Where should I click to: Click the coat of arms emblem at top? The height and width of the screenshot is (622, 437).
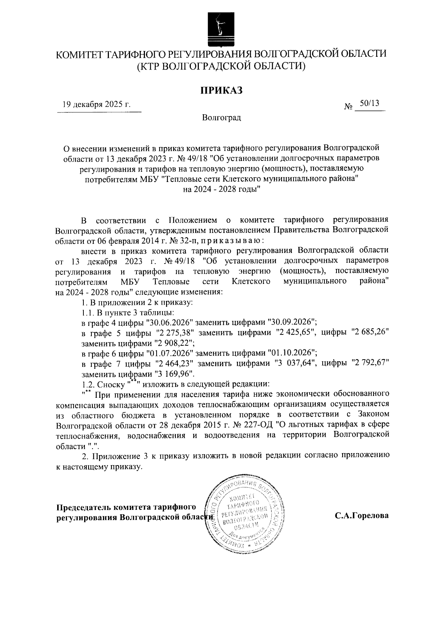(x=219, y=28)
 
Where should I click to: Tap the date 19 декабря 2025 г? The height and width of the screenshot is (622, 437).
(x=97, y=105)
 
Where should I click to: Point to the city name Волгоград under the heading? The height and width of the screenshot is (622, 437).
(x=222, y=118)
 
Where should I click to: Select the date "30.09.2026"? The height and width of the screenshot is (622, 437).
(x=291, y=323)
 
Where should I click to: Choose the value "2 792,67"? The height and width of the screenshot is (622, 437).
(x=370, y=364)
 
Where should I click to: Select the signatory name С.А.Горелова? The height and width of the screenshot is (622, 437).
(x=362, y=516)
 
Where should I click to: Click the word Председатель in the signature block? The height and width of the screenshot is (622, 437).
(x=83, y=507)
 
